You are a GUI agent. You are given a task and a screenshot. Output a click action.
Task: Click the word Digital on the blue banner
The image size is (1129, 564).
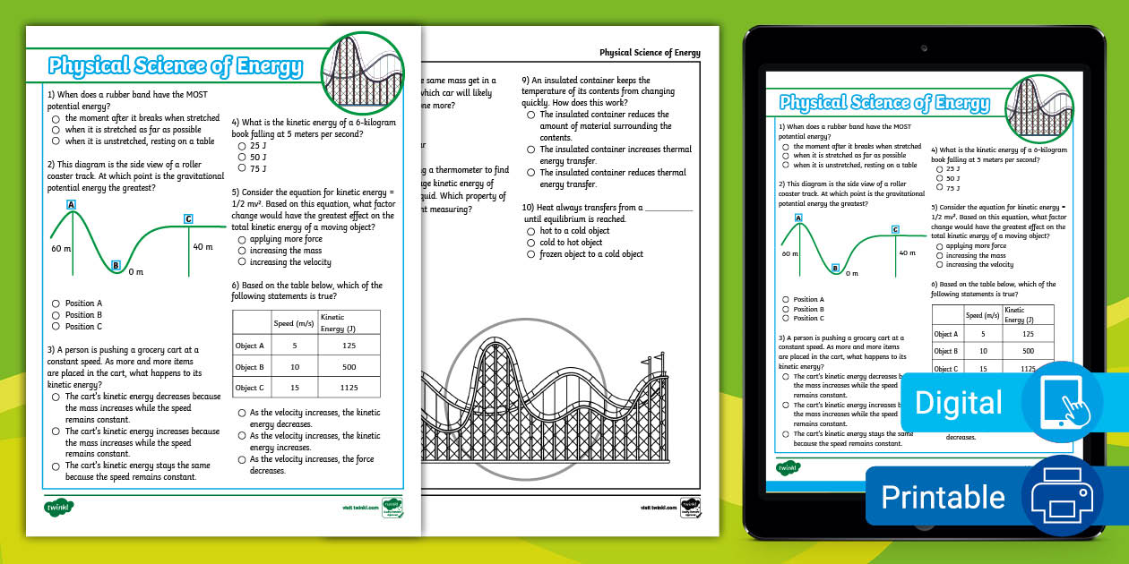(958, 403)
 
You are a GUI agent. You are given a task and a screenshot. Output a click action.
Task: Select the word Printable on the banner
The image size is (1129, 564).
(943, 497)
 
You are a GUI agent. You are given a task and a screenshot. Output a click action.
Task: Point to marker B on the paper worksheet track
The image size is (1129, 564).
(116, 265)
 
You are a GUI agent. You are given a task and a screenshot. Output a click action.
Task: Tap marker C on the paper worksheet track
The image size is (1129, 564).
(188, 218)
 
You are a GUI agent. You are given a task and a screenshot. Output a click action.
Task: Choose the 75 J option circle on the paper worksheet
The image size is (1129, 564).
(242, 168)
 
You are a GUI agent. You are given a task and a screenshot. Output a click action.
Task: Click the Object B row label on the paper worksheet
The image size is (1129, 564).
(250, 367)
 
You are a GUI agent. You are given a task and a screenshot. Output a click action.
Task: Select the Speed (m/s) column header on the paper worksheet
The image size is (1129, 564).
(293, 322)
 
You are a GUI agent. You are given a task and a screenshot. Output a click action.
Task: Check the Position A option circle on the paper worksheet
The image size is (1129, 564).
(56, 303)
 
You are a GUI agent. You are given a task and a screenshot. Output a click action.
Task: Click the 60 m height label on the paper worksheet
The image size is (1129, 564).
(60, 248)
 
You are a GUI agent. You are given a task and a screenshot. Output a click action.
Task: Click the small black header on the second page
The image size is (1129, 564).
(650, 53)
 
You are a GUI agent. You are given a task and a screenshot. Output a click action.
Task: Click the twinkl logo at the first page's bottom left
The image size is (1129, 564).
(58, 507)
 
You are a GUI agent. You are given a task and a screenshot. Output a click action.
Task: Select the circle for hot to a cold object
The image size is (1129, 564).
(530, 231)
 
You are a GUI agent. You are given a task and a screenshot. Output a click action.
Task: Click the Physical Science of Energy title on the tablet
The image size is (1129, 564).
(884, 103)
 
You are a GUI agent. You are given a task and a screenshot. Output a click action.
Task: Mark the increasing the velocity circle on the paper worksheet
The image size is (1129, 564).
(242, 262)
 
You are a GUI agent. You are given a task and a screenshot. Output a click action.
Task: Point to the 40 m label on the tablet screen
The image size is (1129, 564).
(907, 253)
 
